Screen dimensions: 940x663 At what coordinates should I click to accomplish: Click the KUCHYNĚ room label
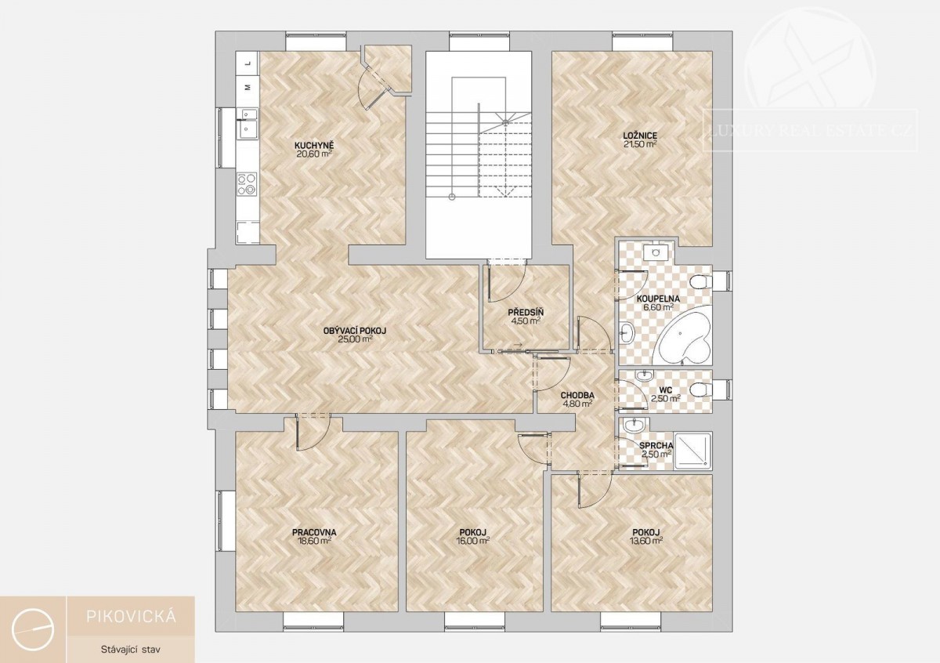[x=314, y=146]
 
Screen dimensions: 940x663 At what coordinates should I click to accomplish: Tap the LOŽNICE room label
[x=640, y=136]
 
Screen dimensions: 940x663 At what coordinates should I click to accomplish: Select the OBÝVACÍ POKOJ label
[x=355, y=331]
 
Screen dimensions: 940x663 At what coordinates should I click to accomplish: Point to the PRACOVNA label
[x=314, y=532]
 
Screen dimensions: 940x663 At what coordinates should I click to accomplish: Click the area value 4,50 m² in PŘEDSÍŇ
[x=526, y=321]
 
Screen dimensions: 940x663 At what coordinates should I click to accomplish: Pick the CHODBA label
[x=577, y=395]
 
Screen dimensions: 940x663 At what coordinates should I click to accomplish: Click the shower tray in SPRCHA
[x=692, y=451]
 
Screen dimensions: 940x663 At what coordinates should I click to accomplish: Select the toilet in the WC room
[x=700, y=389]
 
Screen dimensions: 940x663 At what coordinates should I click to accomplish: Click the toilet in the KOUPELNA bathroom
[x=701, y=281]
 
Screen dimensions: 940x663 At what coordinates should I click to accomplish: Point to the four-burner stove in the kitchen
[x=247, y=185]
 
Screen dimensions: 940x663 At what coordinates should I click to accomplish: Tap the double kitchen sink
[x=247, y=123]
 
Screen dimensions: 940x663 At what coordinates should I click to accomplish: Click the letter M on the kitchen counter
[x=248, y=87]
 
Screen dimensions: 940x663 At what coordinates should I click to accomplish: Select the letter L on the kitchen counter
[x=248, y=63]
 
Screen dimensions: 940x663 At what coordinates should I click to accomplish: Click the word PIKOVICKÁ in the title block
[x=131, y=617]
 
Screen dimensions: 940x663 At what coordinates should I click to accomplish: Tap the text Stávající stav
[x=131, y=649]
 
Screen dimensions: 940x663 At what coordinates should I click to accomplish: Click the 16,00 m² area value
[x=473, y=541]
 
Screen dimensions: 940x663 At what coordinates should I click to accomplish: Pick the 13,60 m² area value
[x=647, y=541]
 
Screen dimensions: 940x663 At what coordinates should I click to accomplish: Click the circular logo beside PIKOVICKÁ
[x=33, y=629]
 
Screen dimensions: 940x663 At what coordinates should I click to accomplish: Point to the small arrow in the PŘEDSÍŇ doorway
[x=518, y=345]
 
